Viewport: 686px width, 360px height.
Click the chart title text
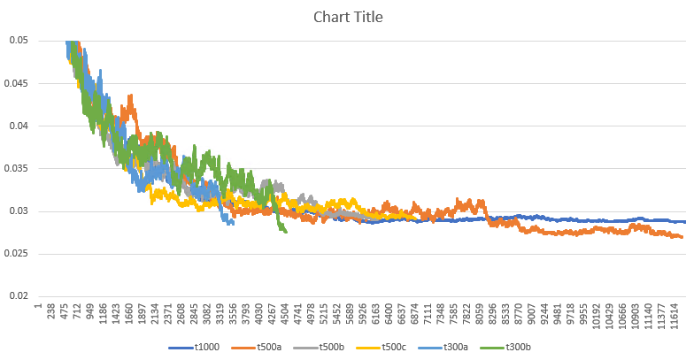pyautogui.click(x=343, y=17)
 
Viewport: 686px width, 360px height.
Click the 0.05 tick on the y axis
pyautogui.click(x=18, y=41)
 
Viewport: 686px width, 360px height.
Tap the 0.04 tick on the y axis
pyautogui.click(x=18, y=126)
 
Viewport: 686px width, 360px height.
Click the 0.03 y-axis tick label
pyautogui.click(x=18, y=211)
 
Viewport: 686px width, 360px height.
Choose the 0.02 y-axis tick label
pyautogui.click(x=18, y=296)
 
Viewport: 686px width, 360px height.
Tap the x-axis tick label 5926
pyautogui.click(x=363, y=318)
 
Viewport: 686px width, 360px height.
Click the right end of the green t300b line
pyautogui.click(x=286, y=232)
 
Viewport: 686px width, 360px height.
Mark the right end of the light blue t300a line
pyautogui.click(x=234, y=224)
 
